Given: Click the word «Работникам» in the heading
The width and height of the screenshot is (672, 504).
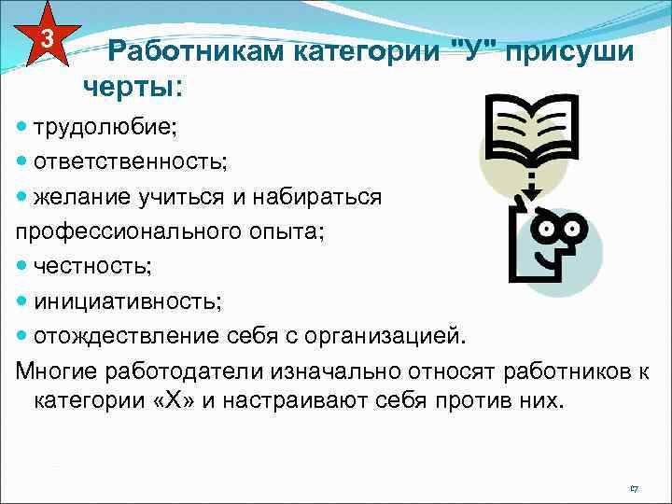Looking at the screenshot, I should pos(193,52).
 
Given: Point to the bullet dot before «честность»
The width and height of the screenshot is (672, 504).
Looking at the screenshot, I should pos(22,267).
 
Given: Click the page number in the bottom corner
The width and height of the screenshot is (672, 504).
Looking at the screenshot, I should pos(634,488).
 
